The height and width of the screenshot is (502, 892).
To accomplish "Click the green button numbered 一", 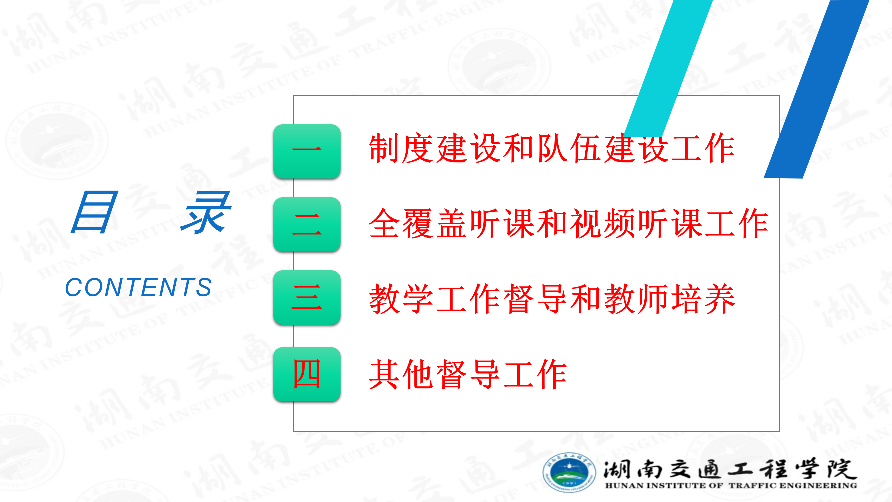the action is pyautogui.click(x=307, y=151).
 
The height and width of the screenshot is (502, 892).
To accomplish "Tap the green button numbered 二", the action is pyautogui.click(x=307, y=225).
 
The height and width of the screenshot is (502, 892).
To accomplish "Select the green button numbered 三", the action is pyautogui.click(x=307, y=297).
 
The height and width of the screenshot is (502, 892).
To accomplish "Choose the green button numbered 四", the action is pyautogui.click(x=307, y=374).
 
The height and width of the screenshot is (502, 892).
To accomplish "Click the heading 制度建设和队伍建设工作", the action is pyautogui.click(x=552, y=148).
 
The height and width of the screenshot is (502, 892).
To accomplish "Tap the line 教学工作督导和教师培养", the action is pyautogui.click(x=552, y=299).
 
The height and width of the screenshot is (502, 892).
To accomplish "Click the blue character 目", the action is pyautogui.click(x=94, y=212).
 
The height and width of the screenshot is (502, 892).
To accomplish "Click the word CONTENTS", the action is pyautogui.click(x=138, y=287).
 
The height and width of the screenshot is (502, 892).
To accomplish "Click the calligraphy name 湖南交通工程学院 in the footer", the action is pyautogui.click(x=730, y=469).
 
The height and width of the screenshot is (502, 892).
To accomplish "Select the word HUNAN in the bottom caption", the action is pyautogui.click(x=624, y=486).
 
